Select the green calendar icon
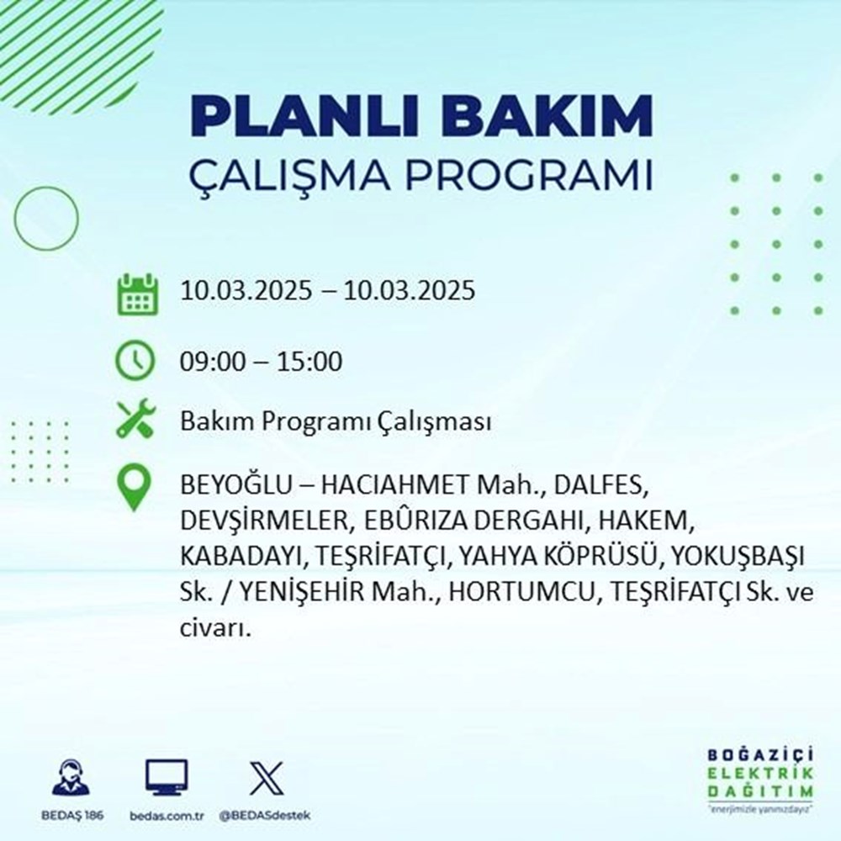pos(136,294)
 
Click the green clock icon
pos(136,362)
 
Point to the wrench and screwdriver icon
pos(136,421)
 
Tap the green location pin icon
pos(136,489)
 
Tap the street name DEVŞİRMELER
pos(263,522)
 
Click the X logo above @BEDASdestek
pos(265,777)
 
